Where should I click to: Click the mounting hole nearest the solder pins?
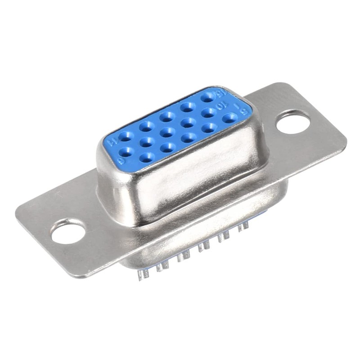68,231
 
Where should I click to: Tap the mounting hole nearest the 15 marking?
293,122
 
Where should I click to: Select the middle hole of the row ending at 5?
189,137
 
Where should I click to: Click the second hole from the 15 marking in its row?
187,107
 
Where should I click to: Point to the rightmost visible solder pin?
245,225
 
